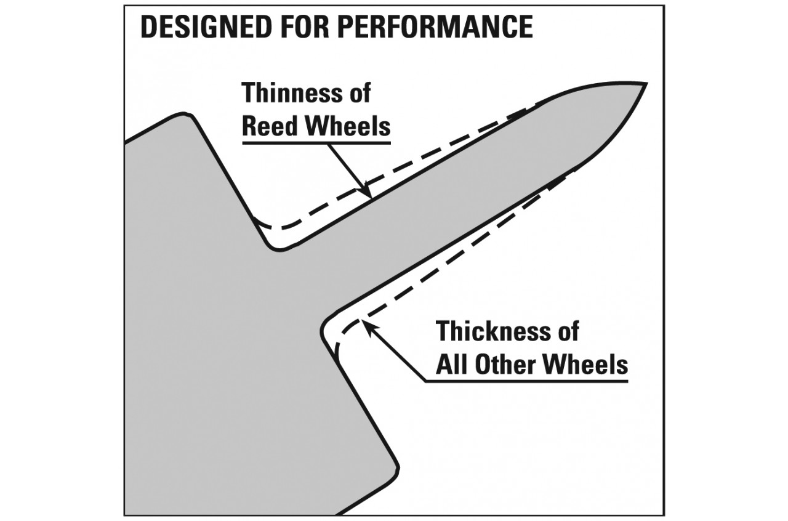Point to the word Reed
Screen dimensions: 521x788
pos(271,126)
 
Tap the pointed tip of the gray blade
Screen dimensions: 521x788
pos(645,84)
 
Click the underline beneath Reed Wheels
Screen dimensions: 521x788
pos(316,142)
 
